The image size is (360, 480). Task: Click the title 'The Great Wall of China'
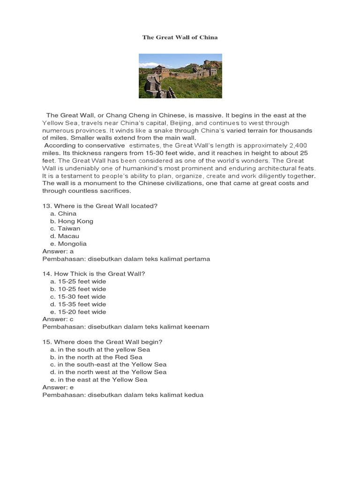pyautogui.click(x=180, y=37)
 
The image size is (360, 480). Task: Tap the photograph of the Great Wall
pyautogui.click(x=180, y=76)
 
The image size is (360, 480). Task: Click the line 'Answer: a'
pyautogui.click(x=58, y=251)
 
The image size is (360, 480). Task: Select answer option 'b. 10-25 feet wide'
pyautogui.click(x=78, y=289)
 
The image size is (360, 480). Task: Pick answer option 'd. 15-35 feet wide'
pyautogui.click(x=78, y=304)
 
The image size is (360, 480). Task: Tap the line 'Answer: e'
pyautogui.click(x=58, y=387)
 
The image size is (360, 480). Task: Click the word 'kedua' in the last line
pyautogui.click(x=195, y=395)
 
